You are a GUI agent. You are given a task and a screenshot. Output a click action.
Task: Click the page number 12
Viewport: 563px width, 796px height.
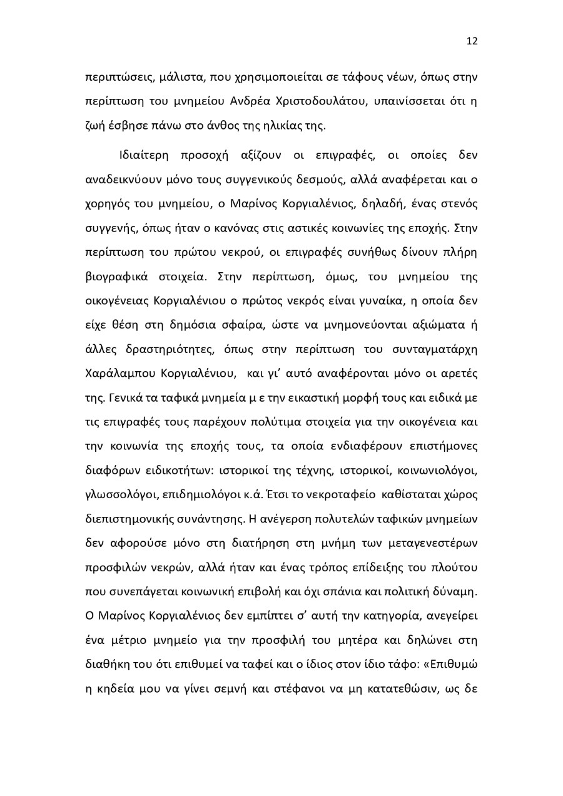(x=472, y=41)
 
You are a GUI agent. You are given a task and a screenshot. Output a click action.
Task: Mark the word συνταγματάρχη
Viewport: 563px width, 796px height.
(x=438, y=348)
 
